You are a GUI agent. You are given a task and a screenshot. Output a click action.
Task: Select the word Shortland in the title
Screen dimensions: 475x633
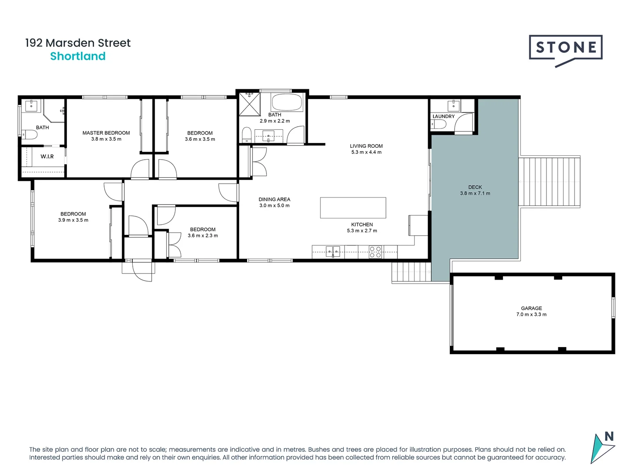click(x=78, y=56)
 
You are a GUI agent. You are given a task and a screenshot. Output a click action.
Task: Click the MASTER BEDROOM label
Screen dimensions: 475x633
click(x=106, y=133)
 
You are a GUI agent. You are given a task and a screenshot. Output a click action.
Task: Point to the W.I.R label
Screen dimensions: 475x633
click(x=47, y=157)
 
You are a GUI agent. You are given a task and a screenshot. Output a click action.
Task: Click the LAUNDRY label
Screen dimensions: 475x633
click(x=444, y=117)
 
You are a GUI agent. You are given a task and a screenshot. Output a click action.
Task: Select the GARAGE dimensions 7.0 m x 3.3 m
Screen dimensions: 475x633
click(x=531, y=314)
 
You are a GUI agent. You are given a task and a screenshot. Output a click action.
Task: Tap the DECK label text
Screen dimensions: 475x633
click(x=475, y=187)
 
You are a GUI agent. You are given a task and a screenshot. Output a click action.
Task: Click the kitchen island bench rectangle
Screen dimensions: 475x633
click(x=353, y=208)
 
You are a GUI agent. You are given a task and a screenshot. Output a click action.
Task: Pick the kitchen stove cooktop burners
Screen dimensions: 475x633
click(x=375, y=252)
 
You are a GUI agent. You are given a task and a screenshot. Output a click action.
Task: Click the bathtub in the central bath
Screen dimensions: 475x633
click(x=287, y=102)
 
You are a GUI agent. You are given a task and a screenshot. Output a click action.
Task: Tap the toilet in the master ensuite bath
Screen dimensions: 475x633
click(x=29, y=135)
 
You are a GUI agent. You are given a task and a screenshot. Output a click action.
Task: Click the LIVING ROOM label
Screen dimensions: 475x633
click(x=366, y=146)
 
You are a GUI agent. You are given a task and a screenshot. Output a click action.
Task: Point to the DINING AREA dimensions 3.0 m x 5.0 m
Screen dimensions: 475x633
click(x=274, y=205)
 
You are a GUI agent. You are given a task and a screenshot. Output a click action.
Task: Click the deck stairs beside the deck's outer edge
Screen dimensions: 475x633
click(x=549, y=181)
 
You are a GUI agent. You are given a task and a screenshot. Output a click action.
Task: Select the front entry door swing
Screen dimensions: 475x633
click(x=142, y=270)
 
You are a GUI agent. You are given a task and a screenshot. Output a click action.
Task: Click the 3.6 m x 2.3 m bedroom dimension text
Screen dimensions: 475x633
click(x=203, y=236)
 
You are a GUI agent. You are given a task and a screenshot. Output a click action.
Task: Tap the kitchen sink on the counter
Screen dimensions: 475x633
click(x=333, y=252)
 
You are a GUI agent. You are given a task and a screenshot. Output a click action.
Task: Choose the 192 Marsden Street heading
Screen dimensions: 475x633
click(x=78, y=43)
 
